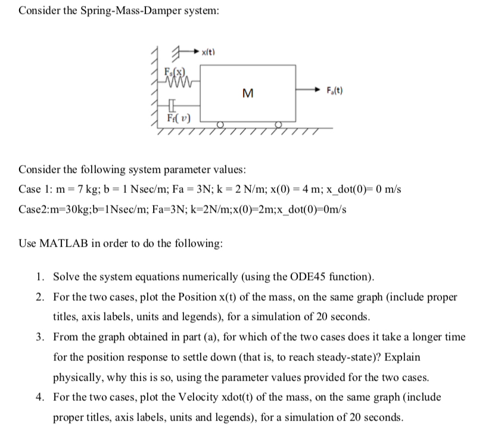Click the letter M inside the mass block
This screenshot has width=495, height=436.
[246, 93]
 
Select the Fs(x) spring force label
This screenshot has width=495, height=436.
[174, 73]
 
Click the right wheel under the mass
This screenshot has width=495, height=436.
[278, 126]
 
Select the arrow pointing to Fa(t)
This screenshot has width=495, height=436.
[310, 91]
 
